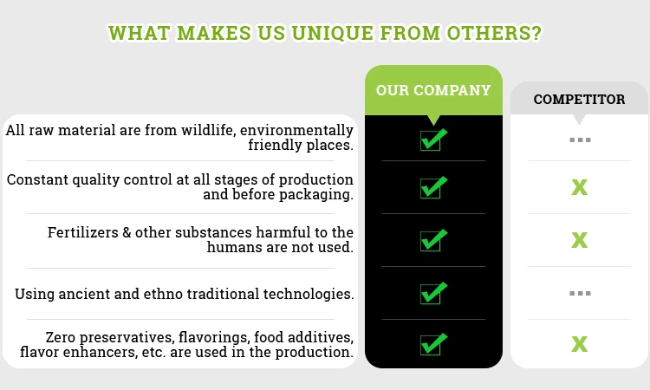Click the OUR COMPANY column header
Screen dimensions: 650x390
point(433,90)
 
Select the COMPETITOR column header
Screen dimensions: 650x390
point(579,100)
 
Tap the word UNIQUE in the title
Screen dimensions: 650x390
point(332,33)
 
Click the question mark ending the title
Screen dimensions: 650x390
point(536,33)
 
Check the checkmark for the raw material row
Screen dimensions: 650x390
point(433,140)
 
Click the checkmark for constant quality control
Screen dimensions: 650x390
point(433,187)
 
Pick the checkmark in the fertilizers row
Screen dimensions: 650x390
point(433,240)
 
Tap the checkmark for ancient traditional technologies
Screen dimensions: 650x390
point(433,293)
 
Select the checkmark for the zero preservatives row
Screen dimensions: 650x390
point(433,344)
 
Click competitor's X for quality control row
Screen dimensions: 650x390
point(580,187)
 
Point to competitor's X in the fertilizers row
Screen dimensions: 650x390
point(580,240)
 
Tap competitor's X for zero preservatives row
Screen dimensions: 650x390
point(580,344)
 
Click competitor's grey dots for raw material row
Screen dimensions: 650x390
point(580,140)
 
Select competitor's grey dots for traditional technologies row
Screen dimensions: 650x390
point(580,294)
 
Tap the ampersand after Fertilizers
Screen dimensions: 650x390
point(127,232)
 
